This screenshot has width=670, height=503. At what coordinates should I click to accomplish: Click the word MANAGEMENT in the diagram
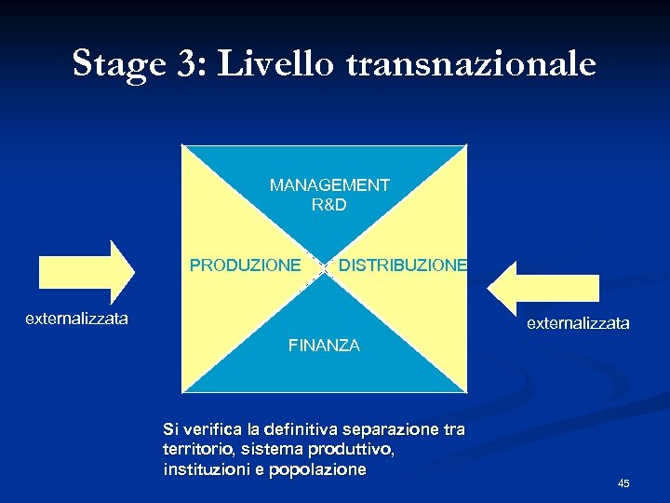[329, 185]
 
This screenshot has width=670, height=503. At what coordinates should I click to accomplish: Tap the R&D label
[329, 204]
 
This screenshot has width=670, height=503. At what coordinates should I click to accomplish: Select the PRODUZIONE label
[245, 265]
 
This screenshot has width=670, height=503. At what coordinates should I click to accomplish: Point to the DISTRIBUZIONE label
[403, 265]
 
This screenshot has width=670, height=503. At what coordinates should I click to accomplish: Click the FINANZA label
[324, 346]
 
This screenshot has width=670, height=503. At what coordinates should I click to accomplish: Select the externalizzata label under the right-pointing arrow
[76, 319]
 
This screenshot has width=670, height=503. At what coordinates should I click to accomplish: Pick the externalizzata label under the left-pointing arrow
[578, 324]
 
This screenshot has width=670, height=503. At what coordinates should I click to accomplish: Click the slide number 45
[623, 483]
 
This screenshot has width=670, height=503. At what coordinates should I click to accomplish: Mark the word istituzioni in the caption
[208, 470]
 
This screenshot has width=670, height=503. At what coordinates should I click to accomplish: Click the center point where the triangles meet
[323, 266]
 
